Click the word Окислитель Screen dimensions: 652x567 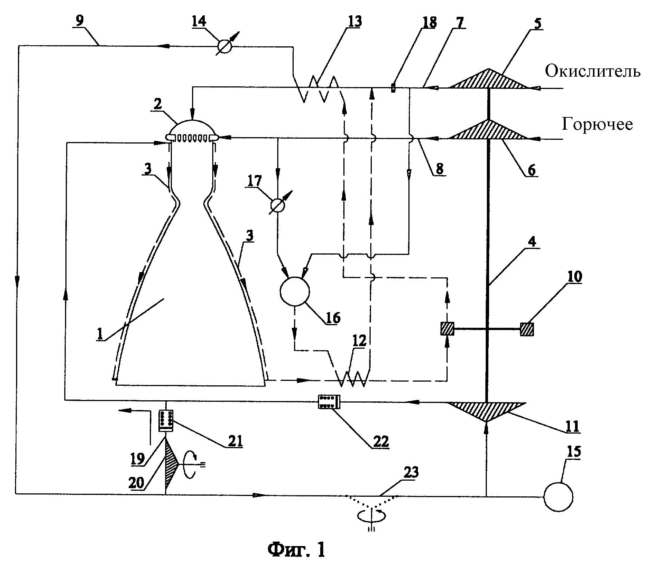(x=593, y=71)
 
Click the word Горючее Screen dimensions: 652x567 (x=597, y=124)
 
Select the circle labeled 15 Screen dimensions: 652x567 (x=558, y=497)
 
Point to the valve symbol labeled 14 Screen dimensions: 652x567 (x=225, y=46)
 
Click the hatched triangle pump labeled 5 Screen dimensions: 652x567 (x=488, y=79)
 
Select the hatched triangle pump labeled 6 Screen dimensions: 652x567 (x=488, y=130)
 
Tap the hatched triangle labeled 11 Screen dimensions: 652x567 (x=486, y=411)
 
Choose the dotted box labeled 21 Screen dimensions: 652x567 (x=166, y=421)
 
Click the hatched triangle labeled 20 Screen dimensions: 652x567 (x=170, y=463)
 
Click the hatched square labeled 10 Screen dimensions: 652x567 (x=527, y=329)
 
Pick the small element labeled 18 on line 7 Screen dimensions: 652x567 (x=393, y=88)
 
